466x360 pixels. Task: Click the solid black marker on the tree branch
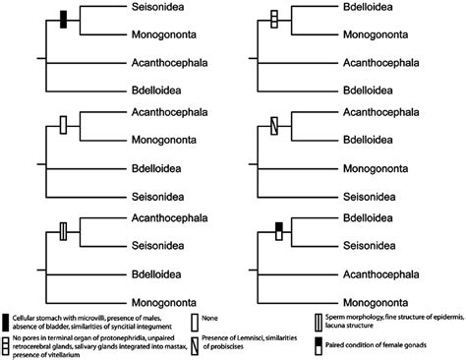pyautogui.click(x=64, y=20)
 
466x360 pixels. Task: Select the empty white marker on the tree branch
pyautogui.click(x=64, y=126)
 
